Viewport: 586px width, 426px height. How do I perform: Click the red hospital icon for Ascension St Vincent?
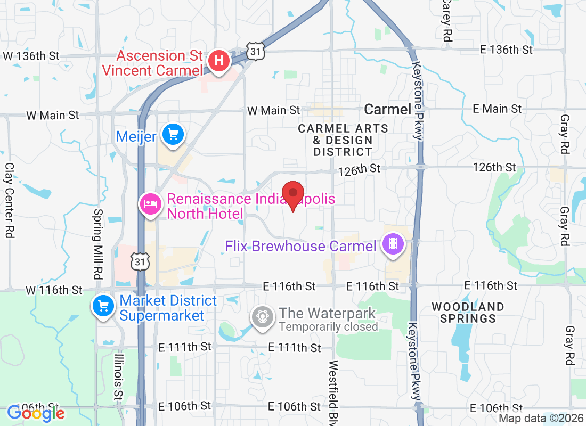coord(218,61)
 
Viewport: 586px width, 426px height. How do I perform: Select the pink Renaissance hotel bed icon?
coord(151,204)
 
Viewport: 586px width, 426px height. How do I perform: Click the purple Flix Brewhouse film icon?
coord(394,244)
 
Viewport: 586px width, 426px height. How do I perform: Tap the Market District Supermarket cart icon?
coord(103,306)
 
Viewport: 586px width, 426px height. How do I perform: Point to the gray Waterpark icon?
coord(263,316)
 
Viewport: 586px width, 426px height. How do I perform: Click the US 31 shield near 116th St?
coord(140,261)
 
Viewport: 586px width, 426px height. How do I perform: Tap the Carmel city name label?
coord(387,110)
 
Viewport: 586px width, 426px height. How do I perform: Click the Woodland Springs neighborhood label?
coord(468,313)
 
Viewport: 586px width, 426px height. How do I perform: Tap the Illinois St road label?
coord(118,377)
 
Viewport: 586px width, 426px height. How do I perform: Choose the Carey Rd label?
coord(446,20)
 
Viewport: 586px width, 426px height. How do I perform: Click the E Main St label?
coord(497,109)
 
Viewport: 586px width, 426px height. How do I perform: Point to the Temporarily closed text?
coord(328,327)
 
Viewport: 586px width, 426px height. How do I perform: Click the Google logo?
coord(36,413)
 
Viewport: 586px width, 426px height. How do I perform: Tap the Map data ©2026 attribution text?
coord(540,419)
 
